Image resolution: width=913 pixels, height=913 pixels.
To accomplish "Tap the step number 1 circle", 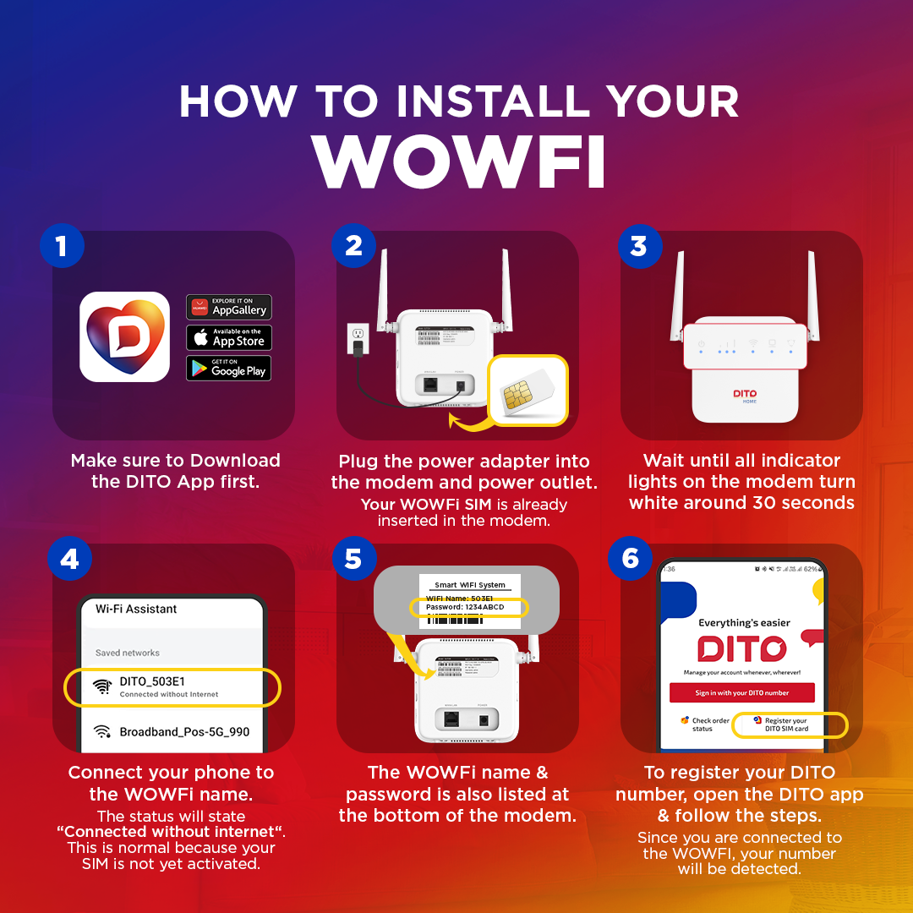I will point(61,246).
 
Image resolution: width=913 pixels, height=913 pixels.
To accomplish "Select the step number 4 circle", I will point(70,559).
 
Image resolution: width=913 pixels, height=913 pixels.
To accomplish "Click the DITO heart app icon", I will point(124,336).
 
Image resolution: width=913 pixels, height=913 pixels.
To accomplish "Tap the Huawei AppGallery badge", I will point(228,307).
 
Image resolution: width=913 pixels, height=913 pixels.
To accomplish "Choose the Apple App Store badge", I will point(228,338).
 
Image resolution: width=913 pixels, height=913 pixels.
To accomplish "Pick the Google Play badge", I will point(228,368).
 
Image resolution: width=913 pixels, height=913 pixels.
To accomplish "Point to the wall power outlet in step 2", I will point(356,337).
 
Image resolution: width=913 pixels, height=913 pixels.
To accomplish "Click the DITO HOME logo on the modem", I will point(744,395).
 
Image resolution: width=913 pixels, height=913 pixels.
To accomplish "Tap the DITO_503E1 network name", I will point(152,681).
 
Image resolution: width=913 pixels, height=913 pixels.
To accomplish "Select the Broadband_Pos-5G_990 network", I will point(184,731).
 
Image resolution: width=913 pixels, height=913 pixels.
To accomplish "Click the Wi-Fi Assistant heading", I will point(136,609).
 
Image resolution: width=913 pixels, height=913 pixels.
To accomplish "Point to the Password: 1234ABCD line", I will point(467,607).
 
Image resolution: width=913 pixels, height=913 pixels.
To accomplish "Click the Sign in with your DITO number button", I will point(741,692).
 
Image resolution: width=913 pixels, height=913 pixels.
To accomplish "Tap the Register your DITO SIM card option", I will point(786,724).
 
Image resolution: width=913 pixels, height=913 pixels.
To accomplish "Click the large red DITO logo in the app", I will point(741,649).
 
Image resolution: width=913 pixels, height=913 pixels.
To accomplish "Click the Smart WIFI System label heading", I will point(469,584).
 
